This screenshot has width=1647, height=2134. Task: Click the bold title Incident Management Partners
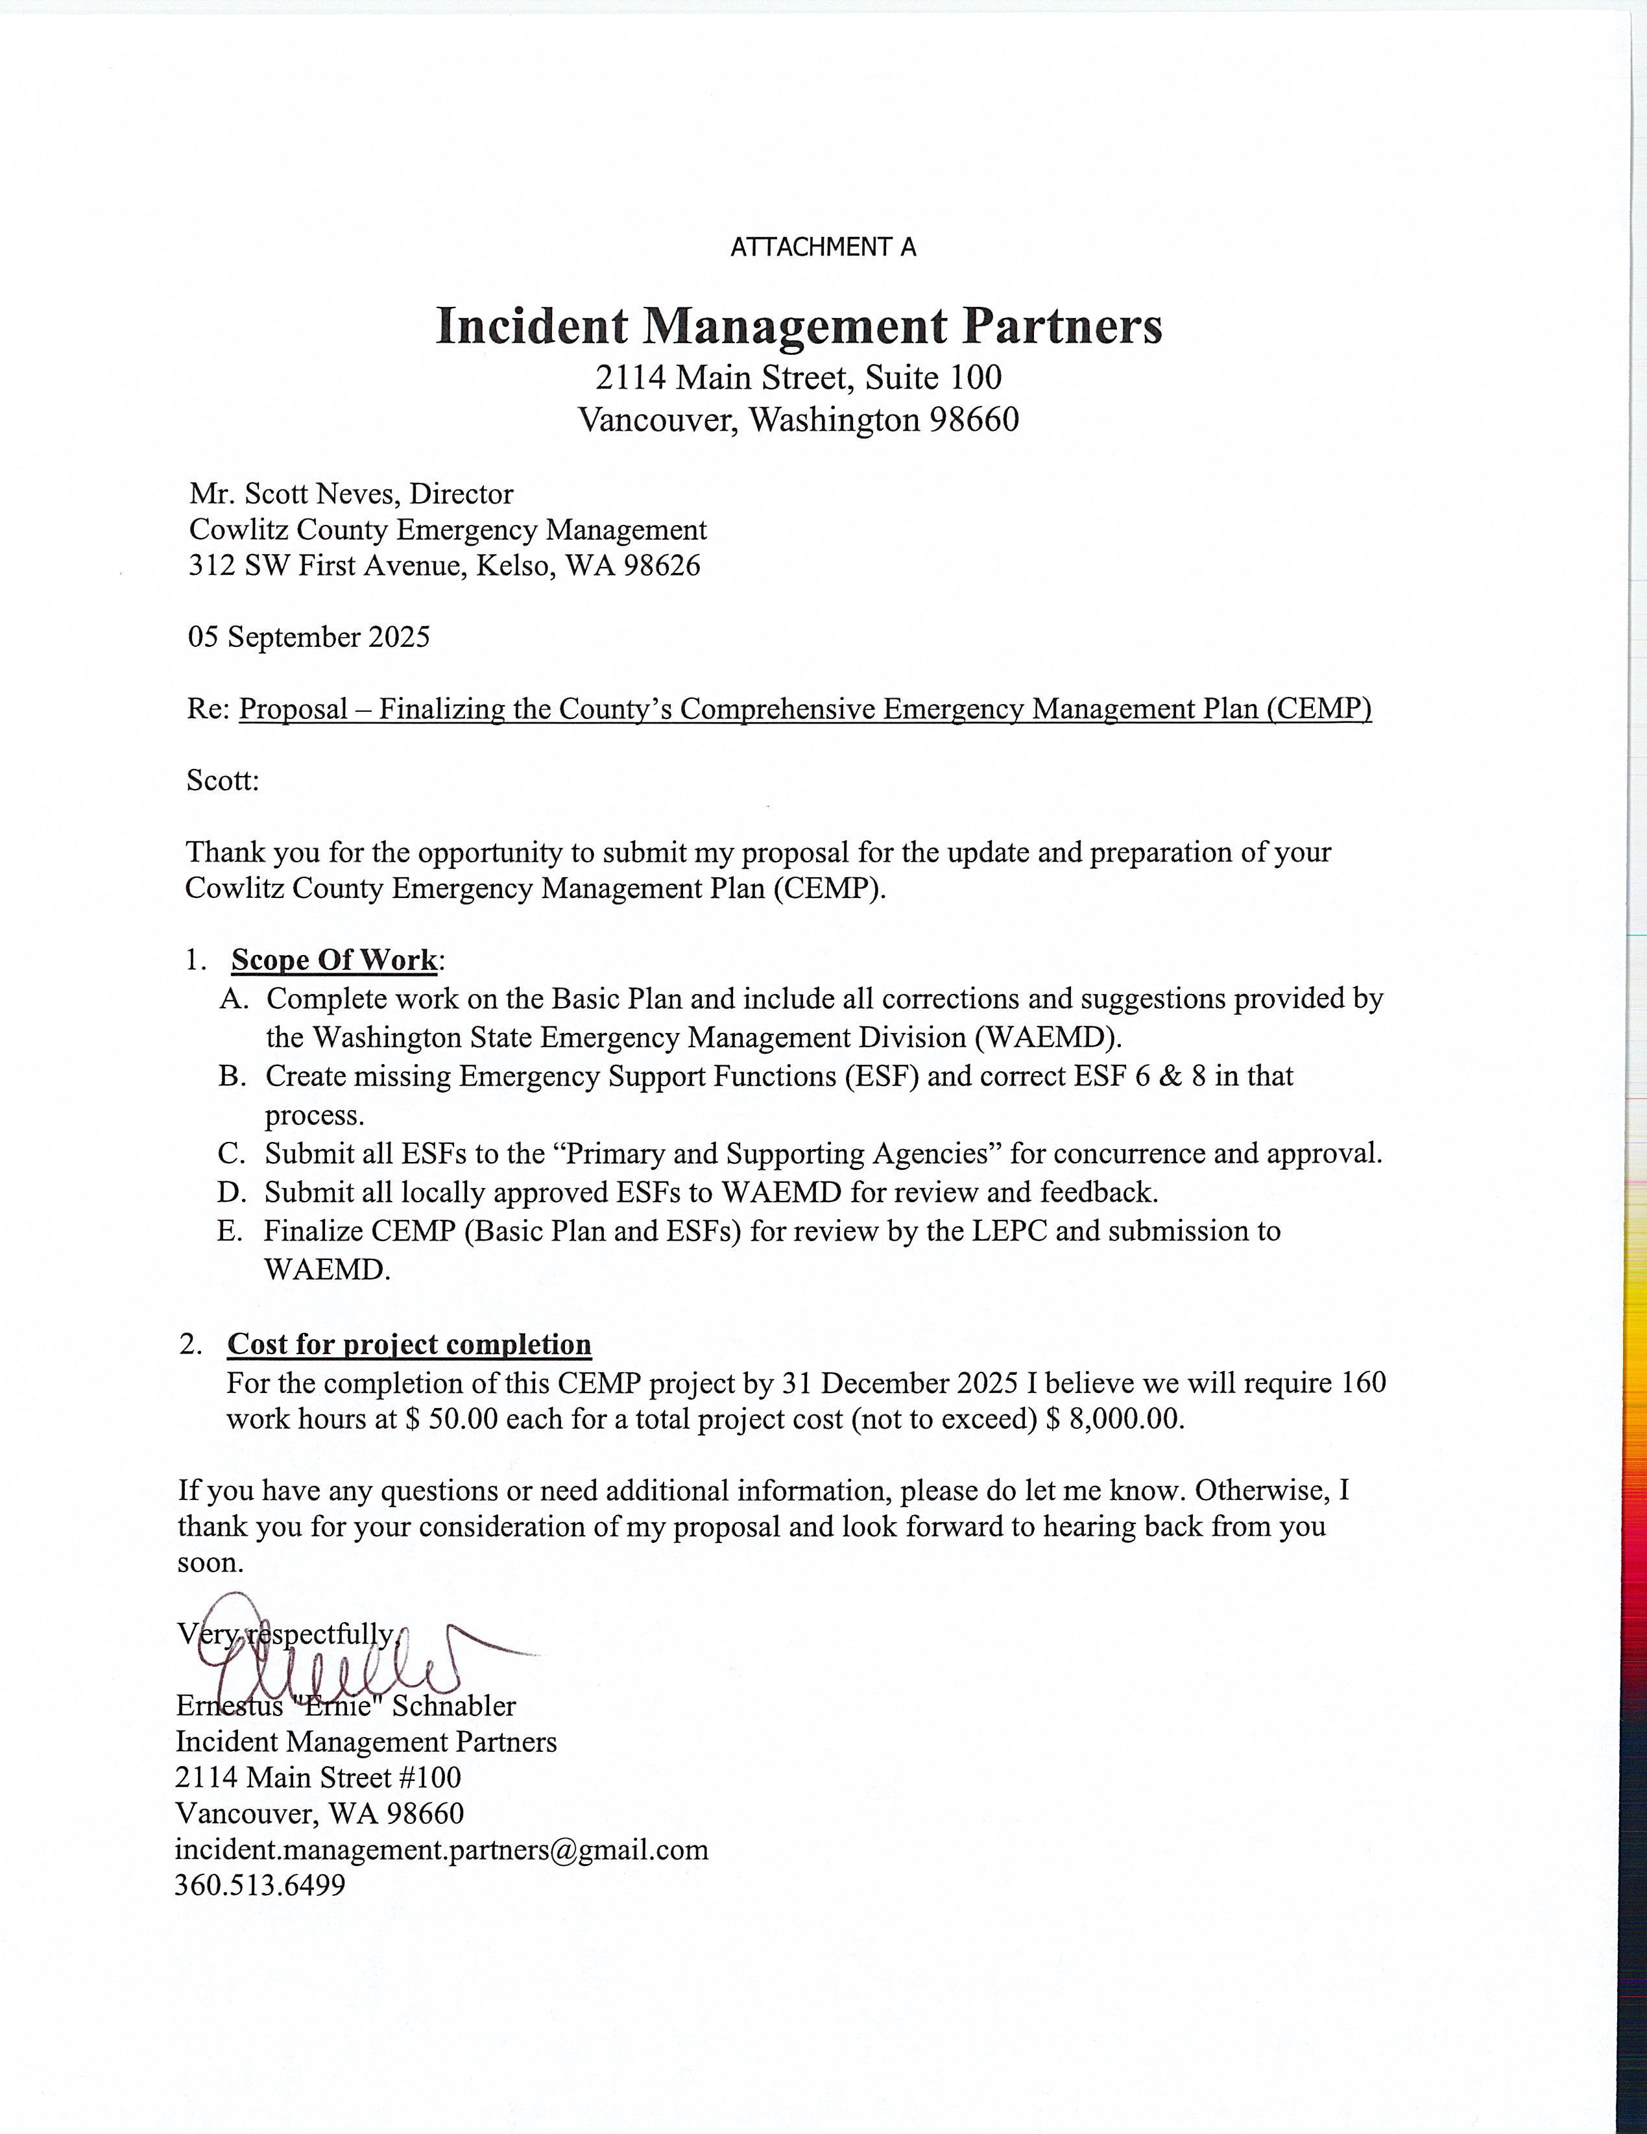798,325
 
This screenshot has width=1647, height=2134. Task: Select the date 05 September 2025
309,637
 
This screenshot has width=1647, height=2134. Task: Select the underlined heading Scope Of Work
334,960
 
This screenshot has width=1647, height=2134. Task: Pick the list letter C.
230,1154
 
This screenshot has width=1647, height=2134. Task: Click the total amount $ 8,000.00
1114,1419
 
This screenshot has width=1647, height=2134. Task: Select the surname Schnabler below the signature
454,1706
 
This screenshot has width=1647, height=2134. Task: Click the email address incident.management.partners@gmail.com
442,1850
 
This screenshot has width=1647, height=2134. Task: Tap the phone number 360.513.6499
260,1885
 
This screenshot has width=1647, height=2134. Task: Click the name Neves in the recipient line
355,494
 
